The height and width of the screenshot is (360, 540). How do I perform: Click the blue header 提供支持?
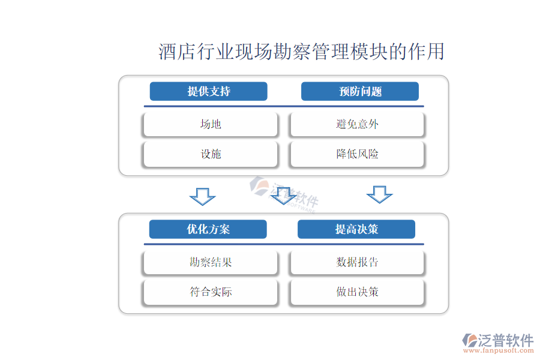pos(208,91)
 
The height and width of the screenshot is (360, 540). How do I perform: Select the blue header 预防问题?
pos(359,91)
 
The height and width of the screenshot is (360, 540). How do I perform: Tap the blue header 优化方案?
pos(208,229)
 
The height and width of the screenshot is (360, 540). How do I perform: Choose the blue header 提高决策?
pos(356,229)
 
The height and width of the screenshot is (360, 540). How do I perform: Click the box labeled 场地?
pos(211,124)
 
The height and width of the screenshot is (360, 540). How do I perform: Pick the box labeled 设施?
pos(211,154)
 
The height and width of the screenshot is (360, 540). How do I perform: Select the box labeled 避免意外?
pos(358,124)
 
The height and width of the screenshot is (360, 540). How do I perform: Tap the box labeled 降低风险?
pos(358,154)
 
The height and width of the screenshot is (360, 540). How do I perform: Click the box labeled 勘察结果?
pos(211,262)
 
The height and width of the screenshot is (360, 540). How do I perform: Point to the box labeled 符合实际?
pos(211,292)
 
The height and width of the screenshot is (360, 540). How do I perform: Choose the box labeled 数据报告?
pos(358,262)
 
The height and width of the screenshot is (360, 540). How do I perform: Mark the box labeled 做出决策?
pos(358,292)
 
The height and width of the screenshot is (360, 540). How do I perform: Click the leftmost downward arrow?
pos(202,196)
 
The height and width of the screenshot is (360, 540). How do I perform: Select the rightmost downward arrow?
pos(379,194)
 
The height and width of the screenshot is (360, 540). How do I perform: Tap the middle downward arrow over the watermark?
pos(284,196)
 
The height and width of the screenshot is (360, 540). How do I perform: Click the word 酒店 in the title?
pos(170,52)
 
